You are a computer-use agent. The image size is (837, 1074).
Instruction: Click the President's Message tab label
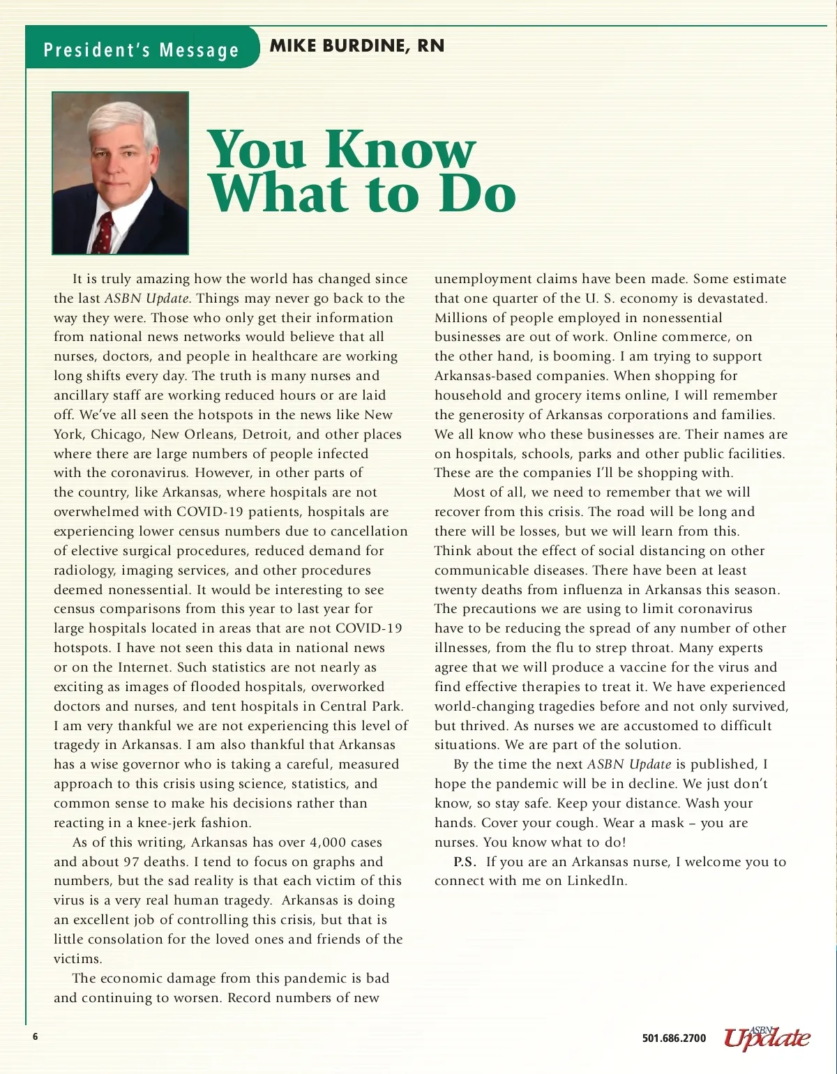tap(141, 50)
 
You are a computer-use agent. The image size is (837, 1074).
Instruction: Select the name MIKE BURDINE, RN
tap(356, 46)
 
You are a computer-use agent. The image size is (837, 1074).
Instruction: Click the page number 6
tap(35, 1036)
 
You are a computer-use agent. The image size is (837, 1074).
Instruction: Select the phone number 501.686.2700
tap(674, 1038)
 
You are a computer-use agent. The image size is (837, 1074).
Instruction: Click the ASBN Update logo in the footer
tap(767, 1038)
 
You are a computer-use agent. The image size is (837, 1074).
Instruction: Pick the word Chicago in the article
tap(116, 434)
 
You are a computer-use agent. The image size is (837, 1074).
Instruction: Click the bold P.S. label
tap(465, 861)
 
